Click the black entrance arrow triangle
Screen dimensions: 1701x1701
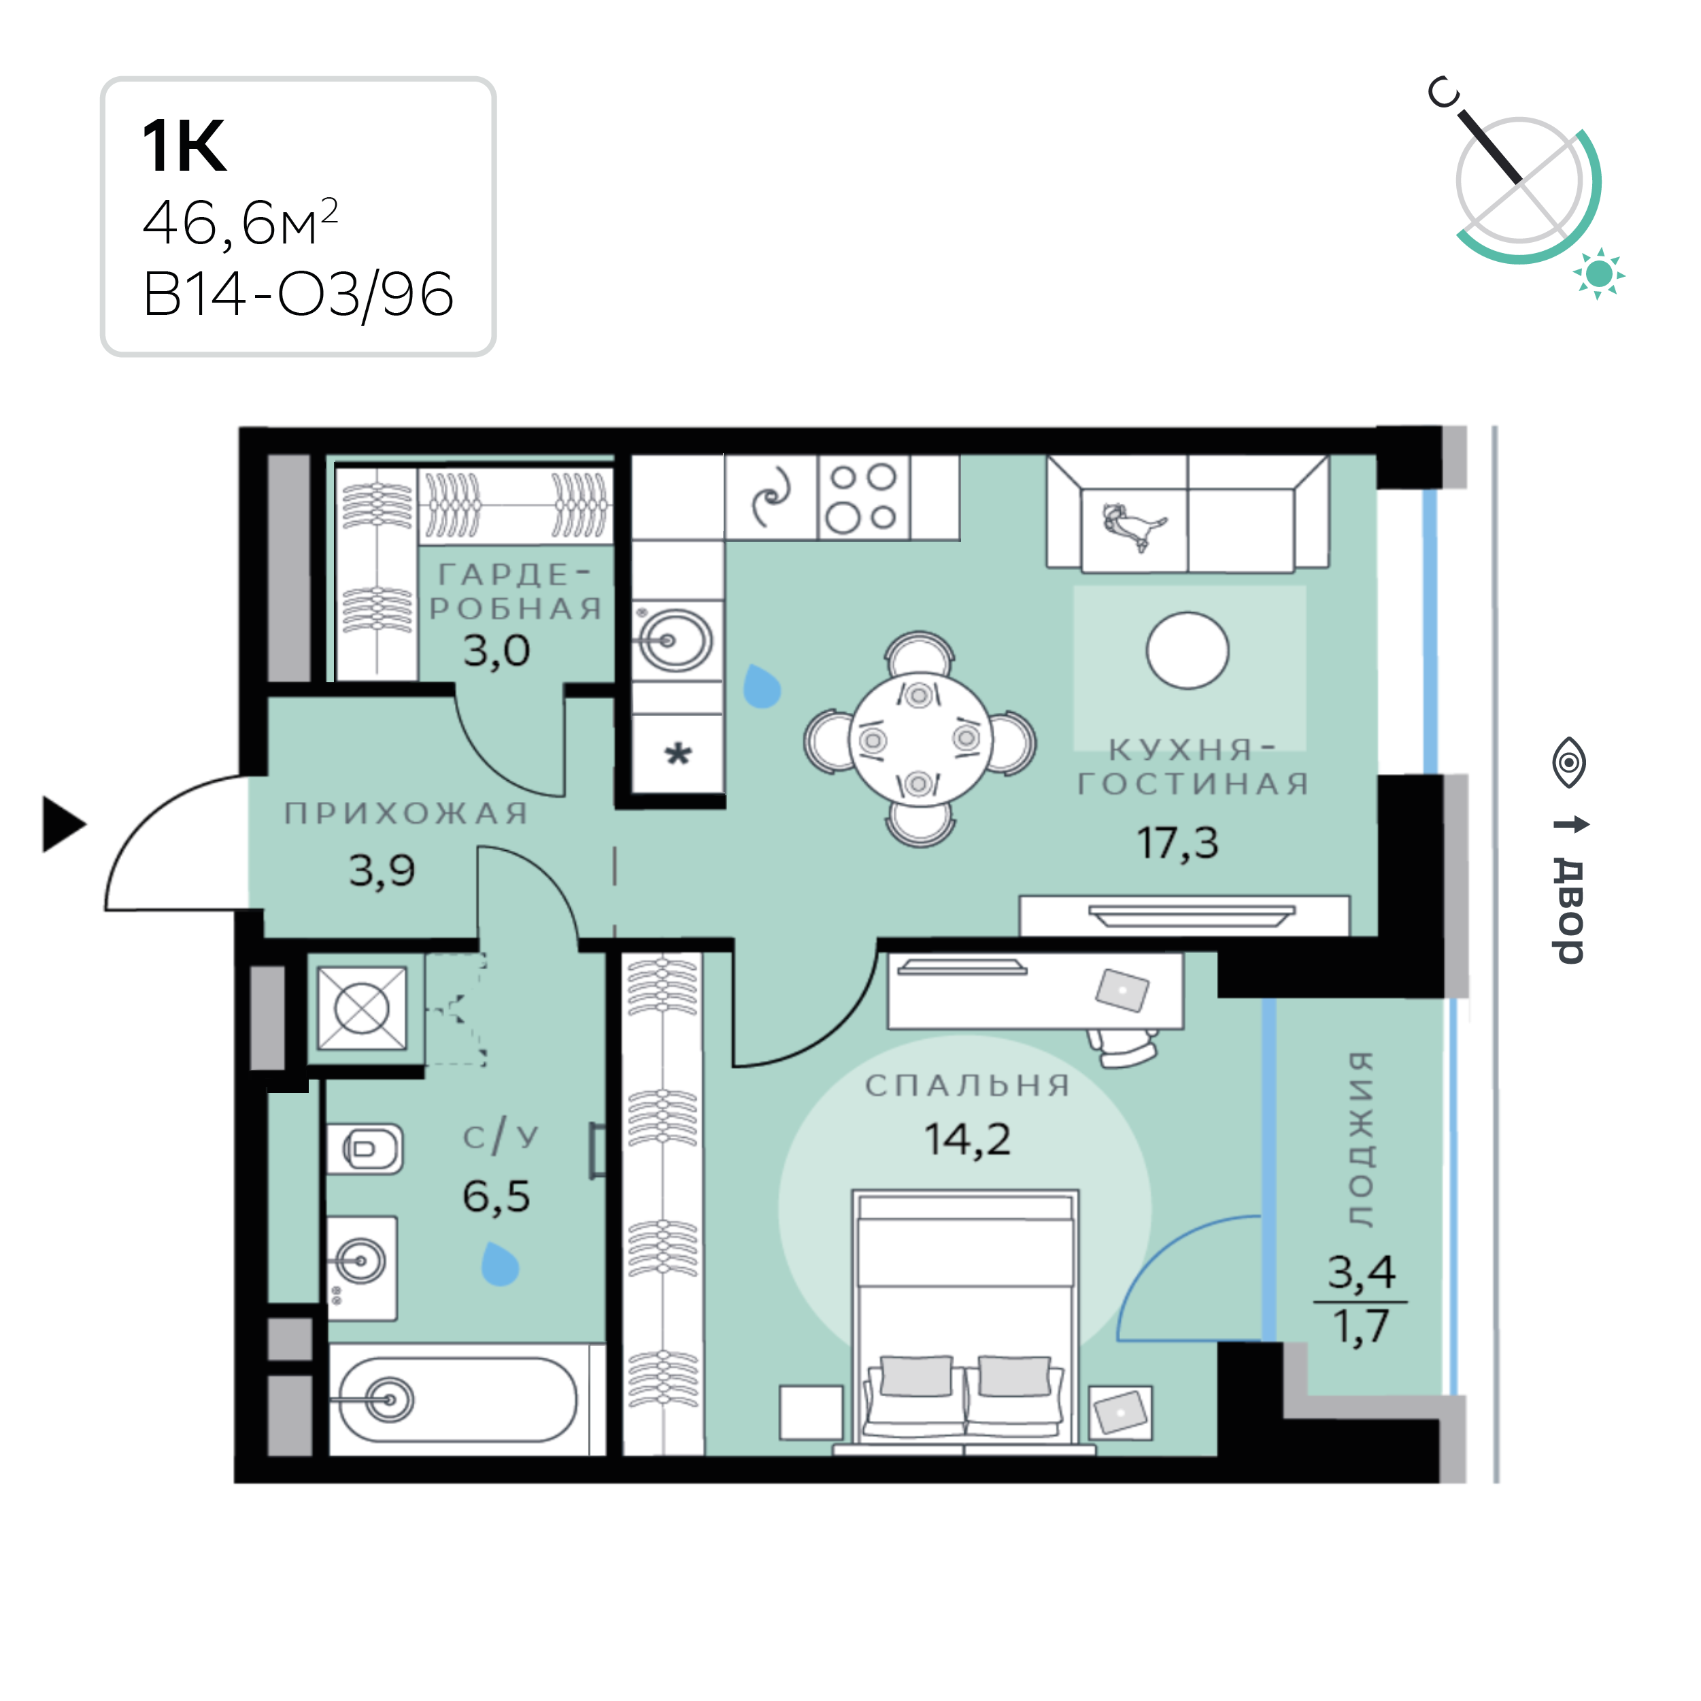(63, 825)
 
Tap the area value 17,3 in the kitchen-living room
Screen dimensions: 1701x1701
(1177, 843)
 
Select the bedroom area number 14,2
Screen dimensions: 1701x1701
(966, 1139)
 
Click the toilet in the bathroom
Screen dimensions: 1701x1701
(365, 1148)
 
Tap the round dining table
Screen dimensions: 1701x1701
(919, 739)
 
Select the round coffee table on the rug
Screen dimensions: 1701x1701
(1187, 650)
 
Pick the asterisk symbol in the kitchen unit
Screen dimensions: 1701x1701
(678, 754)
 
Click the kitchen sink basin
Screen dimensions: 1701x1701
(673, 640)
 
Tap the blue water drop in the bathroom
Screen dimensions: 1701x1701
(500, 1265)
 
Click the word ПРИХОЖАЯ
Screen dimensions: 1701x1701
(406, 813)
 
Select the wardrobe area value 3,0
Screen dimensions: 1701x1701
(496, 651)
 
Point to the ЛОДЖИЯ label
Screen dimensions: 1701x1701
(1361, 1139)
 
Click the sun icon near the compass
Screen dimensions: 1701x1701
(1598, 274)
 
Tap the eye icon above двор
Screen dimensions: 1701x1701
(1569, 762)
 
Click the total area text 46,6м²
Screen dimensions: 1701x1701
(240, 222)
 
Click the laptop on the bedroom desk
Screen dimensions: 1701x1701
(1123, 990)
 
